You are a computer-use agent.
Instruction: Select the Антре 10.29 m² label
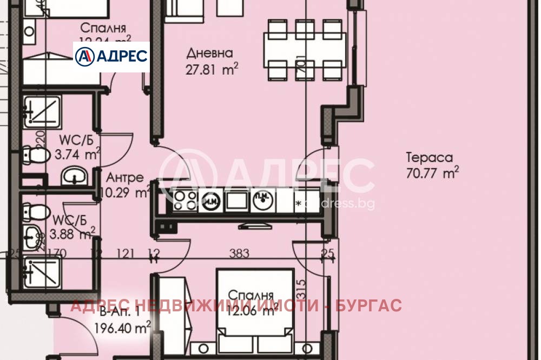(126, 184)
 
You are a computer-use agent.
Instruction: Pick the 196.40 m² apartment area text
(122, 328)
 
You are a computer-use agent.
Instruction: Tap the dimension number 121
(125, 253)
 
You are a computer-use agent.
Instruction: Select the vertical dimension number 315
(302, 285)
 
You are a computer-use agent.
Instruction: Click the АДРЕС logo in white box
(111, 57)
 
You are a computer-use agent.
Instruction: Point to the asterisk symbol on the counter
(298, 204)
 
